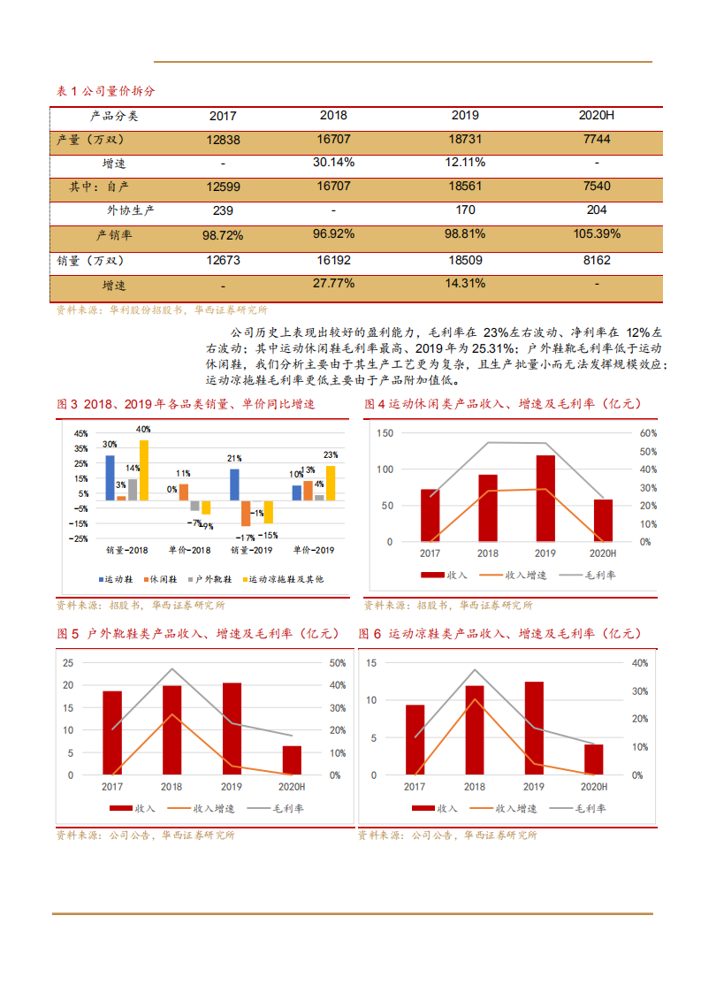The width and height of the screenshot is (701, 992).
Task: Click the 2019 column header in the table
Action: (x=464, y=116)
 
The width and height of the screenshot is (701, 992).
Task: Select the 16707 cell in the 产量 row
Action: (x=333, y=140)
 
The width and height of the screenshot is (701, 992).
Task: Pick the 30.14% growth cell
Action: (x=333, y=163)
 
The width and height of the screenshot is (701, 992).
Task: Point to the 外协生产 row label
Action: (x=131, y=210)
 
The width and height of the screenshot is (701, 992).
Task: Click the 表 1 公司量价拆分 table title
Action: (x=105, y=91)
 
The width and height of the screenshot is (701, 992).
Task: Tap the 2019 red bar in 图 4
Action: (x=545, y=498)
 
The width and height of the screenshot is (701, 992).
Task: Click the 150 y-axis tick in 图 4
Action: (x=385, y=433)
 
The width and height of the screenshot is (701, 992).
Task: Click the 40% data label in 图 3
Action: (x=143, y=430)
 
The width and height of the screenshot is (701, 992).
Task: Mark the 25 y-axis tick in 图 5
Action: (x=69, y=663)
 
